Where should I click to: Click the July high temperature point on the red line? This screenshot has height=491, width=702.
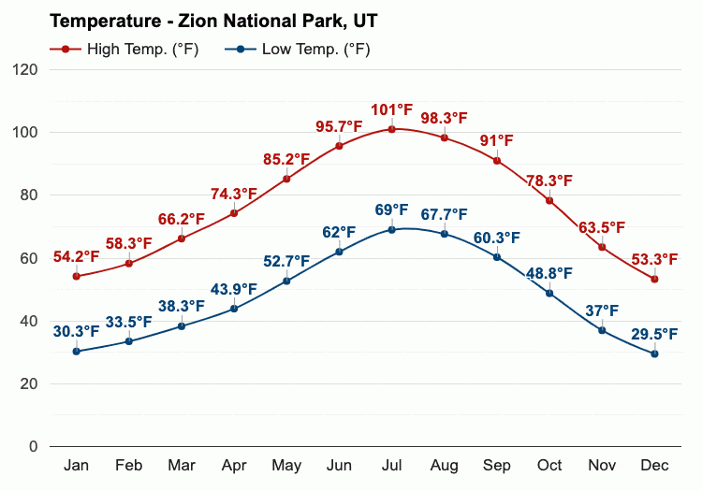pyautogui.click(x=391, y=129)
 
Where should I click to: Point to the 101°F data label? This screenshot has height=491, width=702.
pyautogui.click(x=391, y=110)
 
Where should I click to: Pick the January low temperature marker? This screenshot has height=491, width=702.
pyautogui.click(x=76, y=352)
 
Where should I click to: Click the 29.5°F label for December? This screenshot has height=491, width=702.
pyautogui.click(x=654, y=334)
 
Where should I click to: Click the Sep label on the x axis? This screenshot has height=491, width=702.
pyautogui.click(x=497, y=466)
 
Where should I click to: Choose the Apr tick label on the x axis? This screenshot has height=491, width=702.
pyautogui.click(x=234, y=466)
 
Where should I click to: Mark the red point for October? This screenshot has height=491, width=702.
pyautogui.click(x=549, y=201)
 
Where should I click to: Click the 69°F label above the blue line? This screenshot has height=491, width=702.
pyautogui.click(x=391, y=210)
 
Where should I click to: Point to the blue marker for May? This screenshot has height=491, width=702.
pyautogui.click(x=286, y=282)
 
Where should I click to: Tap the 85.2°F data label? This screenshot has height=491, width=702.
pyautogui.click(x=286, y=159)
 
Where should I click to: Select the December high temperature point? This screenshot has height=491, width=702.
pyautogui.click(x=654, y=279)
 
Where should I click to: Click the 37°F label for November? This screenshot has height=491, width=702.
pyautogui.click(x=602, y=310)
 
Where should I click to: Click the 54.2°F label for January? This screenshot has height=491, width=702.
pyautogui.click(x=76, y=257)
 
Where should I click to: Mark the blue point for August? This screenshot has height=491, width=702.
pyautogui.click(x=444, y=234)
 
